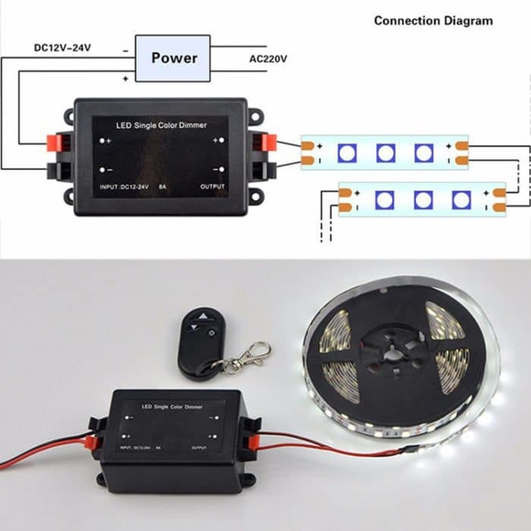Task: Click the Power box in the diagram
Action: (x=173, y=58)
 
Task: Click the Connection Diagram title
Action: (x=433, y=20)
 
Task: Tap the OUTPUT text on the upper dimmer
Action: (x=213, y=186)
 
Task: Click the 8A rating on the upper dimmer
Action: (x=161, y=186)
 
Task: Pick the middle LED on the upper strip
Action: (x=385, y=152)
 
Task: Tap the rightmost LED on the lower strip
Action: (x=460, y=200)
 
